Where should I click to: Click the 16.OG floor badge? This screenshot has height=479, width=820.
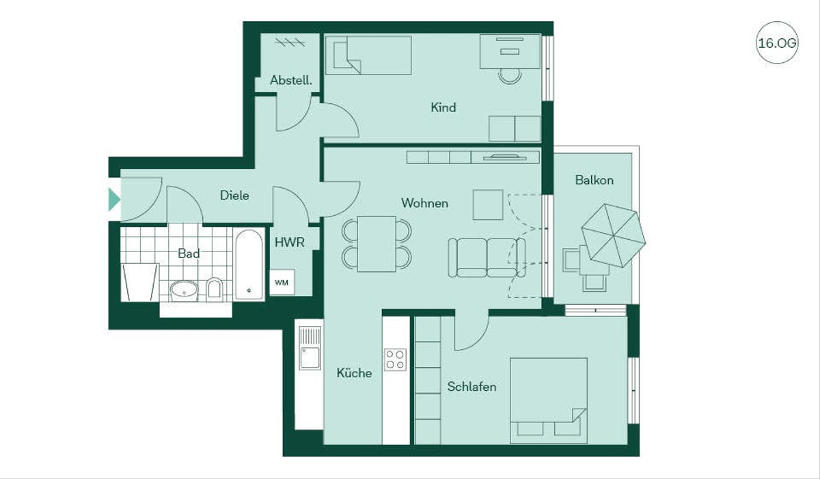point(777,43)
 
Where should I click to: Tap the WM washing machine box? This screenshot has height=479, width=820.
point(282,282)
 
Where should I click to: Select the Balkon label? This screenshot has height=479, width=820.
point(594,180)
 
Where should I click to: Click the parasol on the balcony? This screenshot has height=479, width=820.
point(614,235)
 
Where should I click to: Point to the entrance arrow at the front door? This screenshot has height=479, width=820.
point(114,200)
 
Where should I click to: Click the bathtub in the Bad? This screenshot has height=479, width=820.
point(249,264)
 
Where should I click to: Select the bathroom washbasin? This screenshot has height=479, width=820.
point(184,291)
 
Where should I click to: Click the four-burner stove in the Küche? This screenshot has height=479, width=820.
point(396,359)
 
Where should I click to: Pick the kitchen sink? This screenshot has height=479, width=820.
point(310,348)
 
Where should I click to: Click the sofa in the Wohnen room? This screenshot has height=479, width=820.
point(487,257)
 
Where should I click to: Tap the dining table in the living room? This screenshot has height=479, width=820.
point(377,244)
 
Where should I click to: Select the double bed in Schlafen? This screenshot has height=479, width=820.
point(548,400)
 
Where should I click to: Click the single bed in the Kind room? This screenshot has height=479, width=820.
point(368,55)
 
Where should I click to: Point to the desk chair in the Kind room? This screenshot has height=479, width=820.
point(510,76)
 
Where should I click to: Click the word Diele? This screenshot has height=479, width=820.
point(234,195)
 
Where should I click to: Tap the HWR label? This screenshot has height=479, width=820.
point(290,243)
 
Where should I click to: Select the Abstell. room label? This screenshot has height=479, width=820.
point(291,80)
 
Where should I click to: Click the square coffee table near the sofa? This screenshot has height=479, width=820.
point(488,204)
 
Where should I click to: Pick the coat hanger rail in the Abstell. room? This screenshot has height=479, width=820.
point(290,43)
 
